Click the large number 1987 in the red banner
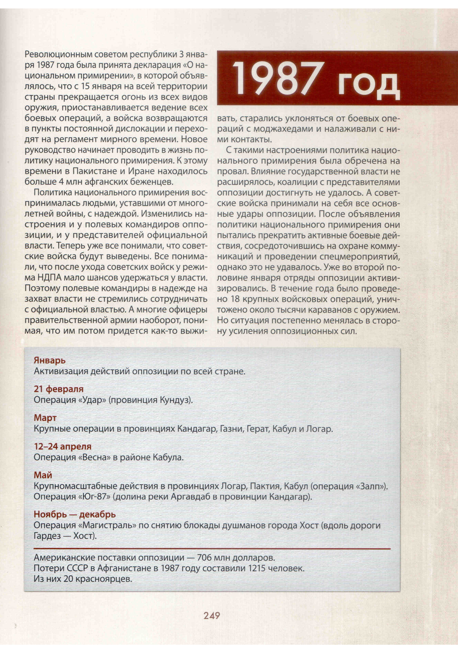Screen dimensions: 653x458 [278, 78]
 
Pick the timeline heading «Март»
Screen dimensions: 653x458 [45, 418]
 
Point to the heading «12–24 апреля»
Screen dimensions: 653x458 [63, 446]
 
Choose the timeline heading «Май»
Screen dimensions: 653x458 [43, 475]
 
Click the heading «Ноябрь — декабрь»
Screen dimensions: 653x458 [75, 514]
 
